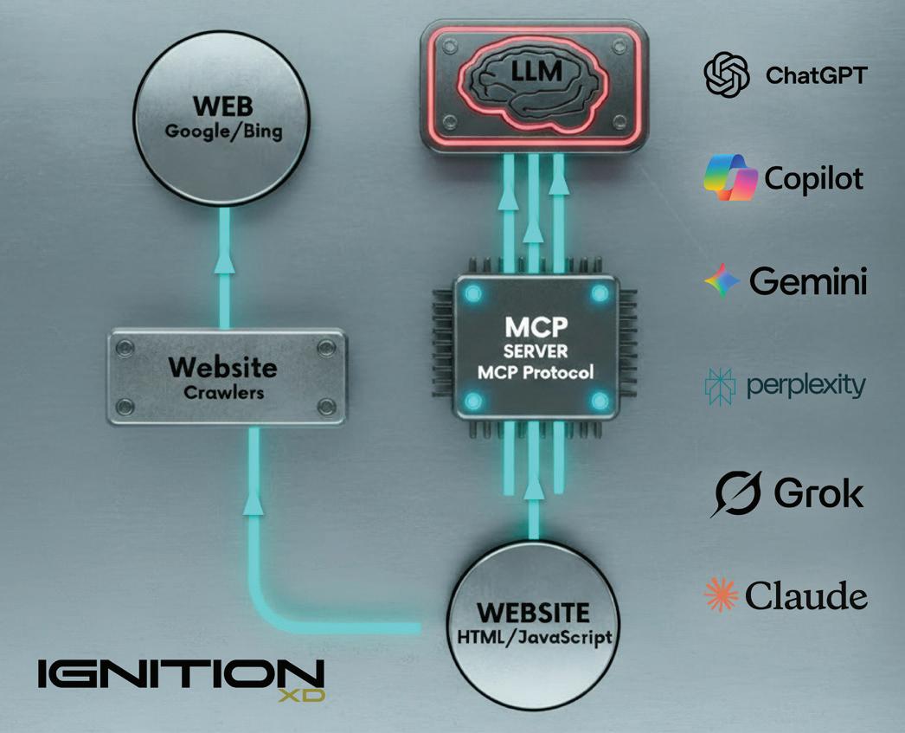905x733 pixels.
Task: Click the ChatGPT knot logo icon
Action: click(727, 75)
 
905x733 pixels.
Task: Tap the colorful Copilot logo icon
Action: click(729, 178)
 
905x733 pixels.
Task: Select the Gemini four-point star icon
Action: click(722, 281)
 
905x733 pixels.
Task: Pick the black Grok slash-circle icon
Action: click(735, 494)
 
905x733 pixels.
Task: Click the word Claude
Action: click(805, 596)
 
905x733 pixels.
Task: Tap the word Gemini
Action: click(808, 281)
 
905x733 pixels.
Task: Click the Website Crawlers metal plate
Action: click(226, 376)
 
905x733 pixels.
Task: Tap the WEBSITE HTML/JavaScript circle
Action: click(533, 625)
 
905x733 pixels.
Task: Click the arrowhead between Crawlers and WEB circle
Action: click(226, 259)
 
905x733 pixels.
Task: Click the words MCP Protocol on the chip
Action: click(534, 373)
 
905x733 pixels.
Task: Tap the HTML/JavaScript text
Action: click(533, 638)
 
